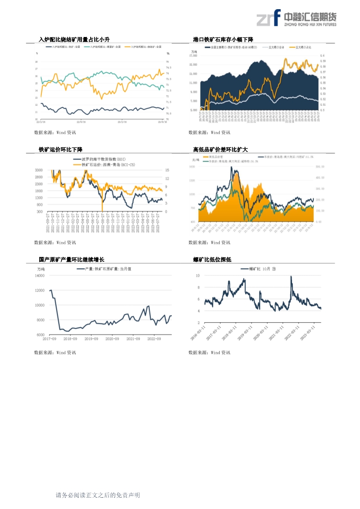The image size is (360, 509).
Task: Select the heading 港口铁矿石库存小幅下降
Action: click(226, 40)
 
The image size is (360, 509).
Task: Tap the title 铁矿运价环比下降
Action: click(61, 150)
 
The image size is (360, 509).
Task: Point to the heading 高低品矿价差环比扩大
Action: click(221, 150)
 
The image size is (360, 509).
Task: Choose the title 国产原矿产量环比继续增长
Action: click(71, 260)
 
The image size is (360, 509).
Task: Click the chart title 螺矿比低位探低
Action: click(212, 260)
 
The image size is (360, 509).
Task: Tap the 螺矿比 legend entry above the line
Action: click(258, 269)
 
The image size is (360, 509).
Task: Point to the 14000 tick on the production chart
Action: click(40, 276)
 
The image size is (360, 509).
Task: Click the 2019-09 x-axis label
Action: click(91, 339)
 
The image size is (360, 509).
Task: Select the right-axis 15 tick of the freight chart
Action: click(167, 170)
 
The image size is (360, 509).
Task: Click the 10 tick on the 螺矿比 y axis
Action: click(197, 276)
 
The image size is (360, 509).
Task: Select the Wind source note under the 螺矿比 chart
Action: click(209, 353)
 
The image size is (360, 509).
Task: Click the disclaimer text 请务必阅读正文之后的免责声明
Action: click(98, 496)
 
